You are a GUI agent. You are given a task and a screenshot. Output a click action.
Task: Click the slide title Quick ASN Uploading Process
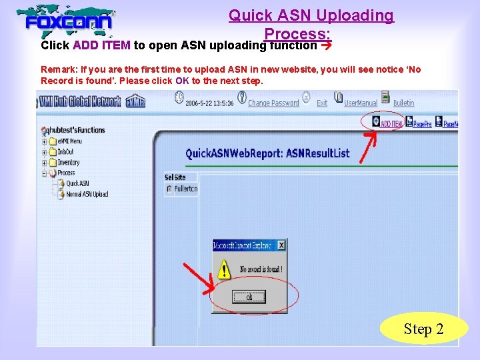[311, 23]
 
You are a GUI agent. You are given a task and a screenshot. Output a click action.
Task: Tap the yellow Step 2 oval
[423, 329]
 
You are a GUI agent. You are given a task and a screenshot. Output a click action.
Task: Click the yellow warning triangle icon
[225, 270]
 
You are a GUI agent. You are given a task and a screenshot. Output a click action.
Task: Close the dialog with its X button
[281, 245]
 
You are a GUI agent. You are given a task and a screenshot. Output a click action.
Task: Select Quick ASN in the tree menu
[77, 183]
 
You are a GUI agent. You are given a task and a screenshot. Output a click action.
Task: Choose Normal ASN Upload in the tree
[87, 194]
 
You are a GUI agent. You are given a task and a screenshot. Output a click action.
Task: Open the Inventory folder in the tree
[68, 162]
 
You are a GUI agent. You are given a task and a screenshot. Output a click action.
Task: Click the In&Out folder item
[66, 151]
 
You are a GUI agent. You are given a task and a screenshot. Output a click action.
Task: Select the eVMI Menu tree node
[69, 141]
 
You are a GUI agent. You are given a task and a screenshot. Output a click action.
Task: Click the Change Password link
[273, 103]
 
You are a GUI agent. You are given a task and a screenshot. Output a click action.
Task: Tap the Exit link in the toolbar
[322, 103]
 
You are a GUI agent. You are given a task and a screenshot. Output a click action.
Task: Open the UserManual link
[361, 103]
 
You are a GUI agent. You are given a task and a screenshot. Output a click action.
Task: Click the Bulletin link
[403, 103]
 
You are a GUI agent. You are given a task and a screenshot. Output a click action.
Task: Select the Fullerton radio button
[169, 189]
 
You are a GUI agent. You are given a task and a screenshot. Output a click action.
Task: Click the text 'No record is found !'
[261, 269]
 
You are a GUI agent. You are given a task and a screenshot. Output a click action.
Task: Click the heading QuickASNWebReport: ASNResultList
[267, 153]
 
